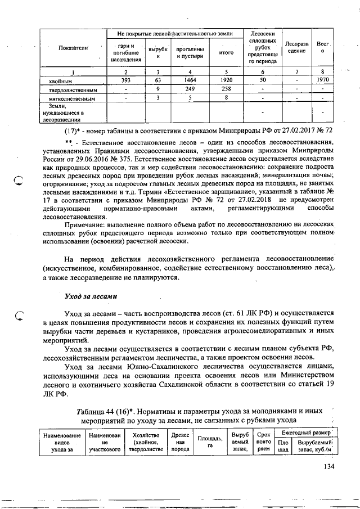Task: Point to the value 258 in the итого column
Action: coord(226,89)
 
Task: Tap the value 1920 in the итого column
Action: coord(226,80)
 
